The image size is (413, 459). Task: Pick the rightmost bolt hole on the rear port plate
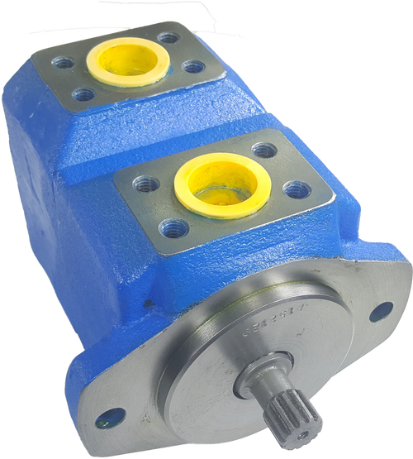coord(192,66)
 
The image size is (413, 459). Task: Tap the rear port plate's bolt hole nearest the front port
coord(83,93)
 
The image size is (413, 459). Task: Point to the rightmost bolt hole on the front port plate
coord(297,189)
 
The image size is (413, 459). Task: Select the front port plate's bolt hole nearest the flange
coord(171,225)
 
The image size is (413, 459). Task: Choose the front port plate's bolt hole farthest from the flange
coord(263,150)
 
